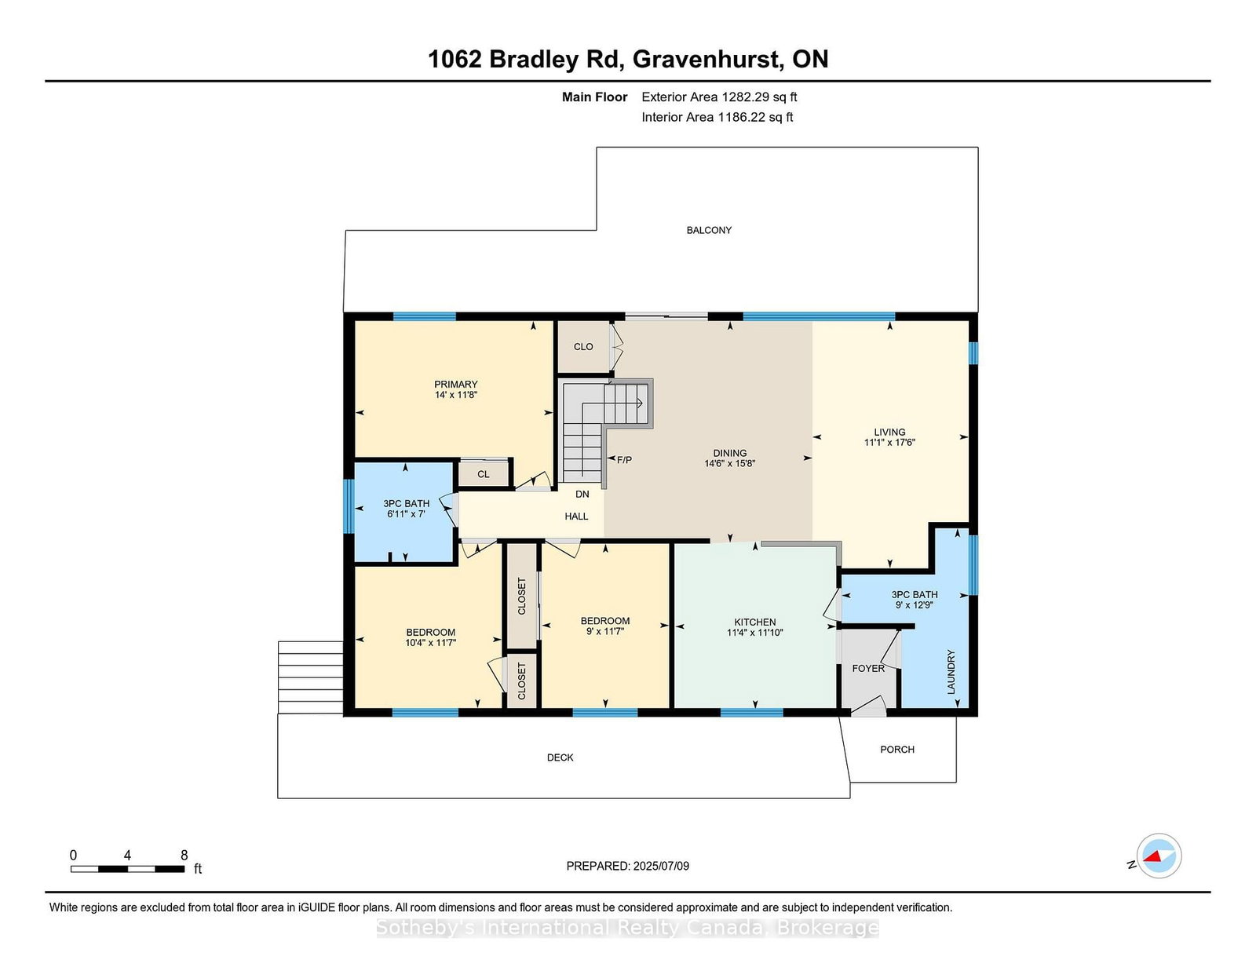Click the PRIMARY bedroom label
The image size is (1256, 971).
[456, 385]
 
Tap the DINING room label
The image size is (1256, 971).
[730, 453]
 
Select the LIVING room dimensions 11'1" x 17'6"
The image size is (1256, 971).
[889, 443]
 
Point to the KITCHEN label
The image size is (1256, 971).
[755, 622]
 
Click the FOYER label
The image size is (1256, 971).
[868, 668]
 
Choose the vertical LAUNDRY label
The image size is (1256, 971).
[951, 672]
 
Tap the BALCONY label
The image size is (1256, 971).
[709, 230]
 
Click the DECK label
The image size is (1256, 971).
[560, 757]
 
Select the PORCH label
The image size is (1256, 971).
[897, 749]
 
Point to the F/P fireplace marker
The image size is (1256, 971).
[624, 460]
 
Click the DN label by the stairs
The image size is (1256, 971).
[582, 495]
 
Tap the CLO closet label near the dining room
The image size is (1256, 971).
[583, 347]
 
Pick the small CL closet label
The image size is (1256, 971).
[484, 475]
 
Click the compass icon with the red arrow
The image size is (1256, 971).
[1159, 856]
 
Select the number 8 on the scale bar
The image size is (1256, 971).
[184, 856]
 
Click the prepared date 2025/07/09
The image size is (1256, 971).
[661, 866]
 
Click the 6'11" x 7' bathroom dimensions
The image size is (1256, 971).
[406, 514]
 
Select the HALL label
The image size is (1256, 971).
[576, 517]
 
